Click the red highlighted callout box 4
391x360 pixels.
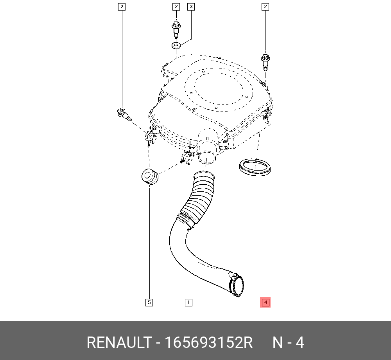coord(265,302)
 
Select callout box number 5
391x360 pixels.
coord(149,302)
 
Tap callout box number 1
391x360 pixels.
coord(188,302)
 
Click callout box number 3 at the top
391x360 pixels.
coord(191,7)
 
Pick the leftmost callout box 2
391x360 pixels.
coord(122,7)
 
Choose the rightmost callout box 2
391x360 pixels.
coord(265,7)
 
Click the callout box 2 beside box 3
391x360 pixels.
coord(176,7)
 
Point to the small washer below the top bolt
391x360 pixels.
coord(176,45)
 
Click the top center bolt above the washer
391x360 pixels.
coord(176,29)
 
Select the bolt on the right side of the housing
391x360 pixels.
coord(265,62)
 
